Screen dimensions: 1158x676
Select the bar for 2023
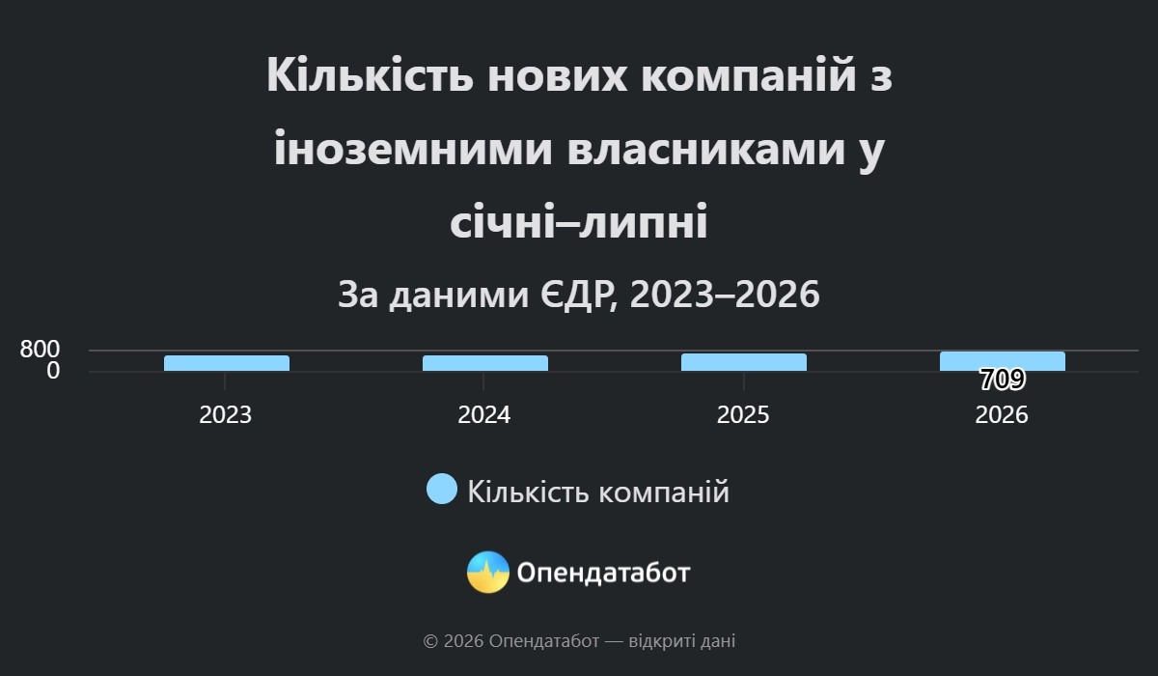tap(227, 363)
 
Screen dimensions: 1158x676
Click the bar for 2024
tap(484, 363)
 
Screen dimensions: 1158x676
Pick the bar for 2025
tap(743, 362)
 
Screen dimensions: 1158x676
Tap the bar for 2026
tap(1003, 361)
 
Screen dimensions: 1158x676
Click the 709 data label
tap(1003, 380)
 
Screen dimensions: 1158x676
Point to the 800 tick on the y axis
tap(40, 350)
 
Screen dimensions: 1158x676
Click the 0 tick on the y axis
tap(53, 372)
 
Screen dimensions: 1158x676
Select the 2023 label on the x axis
tap(226, 415)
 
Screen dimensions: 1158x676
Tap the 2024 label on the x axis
tap(483, 415)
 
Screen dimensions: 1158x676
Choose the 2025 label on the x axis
tap(743, 415)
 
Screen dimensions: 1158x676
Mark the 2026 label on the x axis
tap(1002, 415)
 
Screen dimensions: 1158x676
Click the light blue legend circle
tap(442, 489)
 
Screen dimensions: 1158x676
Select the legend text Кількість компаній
tap(598, 491)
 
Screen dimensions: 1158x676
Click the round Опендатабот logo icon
tap(488, 572)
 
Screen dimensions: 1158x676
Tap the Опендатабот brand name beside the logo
tap(603, 573)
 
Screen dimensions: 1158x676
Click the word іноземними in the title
tap(413, 149)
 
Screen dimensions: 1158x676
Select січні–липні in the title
tap(578, 221)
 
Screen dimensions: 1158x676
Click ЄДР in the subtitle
tap(579, 294)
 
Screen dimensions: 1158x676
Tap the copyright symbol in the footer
tap(430, 641)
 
